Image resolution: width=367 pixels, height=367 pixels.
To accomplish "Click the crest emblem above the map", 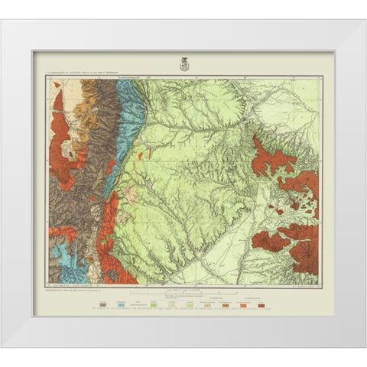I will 183,63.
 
